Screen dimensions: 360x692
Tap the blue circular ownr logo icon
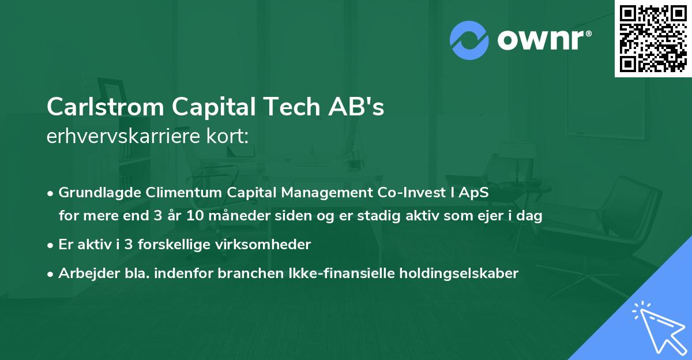click(x=469, y=40)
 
